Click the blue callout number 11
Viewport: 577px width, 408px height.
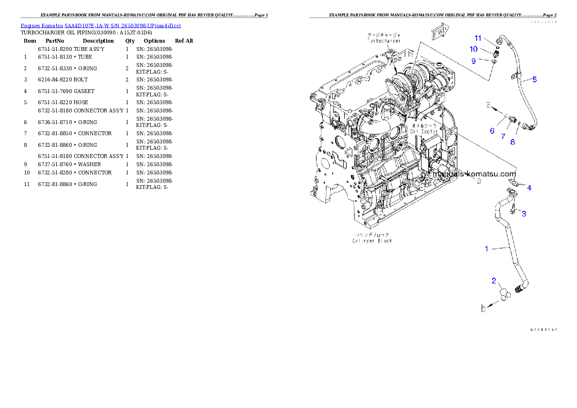pos(478,38)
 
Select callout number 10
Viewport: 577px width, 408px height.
pos(473,49)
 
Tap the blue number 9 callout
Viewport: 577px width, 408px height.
pos(474,61)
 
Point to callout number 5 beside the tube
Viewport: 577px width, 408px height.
pos(534,79)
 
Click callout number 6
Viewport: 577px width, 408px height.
pos(492,131)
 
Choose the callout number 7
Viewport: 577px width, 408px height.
pos(503,137)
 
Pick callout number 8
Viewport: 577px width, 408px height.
pos(513,142)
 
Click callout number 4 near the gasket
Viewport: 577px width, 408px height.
pos(529,188)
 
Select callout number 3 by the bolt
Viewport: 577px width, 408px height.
pos(524,214)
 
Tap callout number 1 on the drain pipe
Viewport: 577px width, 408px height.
pos(486,249)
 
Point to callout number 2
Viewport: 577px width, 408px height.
pos(494,281)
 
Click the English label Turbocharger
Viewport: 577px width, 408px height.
pos(384,41)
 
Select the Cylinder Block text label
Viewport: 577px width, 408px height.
pos(372,240)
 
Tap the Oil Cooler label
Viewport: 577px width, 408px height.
pos(424,131)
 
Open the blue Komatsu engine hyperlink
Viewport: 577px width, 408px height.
pos(100,25)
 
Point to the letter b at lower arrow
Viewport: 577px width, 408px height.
pos(483,308)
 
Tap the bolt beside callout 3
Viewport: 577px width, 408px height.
pos(513,210)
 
